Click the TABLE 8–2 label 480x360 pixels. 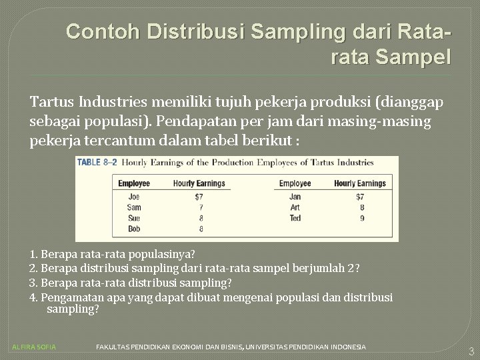97,162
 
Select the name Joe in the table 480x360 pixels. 134,197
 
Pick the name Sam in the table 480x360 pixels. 134,207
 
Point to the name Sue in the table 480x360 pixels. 134,218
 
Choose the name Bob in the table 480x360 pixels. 134,229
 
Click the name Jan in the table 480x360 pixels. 295,197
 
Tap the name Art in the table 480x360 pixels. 295,207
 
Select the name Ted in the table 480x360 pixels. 295,218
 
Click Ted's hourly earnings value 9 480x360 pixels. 361,218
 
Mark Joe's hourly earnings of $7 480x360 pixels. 198,197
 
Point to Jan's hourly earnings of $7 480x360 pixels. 359,197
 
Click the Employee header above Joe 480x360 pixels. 134,183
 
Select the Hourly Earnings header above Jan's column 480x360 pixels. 359,183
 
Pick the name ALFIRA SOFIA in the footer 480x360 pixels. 35,347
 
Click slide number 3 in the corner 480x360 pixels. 471,351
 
